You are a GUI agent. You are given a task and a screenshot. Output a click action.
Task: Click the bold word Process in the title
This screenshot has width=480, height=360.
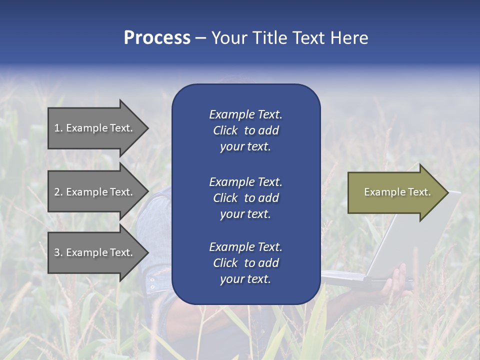tap(157, 38)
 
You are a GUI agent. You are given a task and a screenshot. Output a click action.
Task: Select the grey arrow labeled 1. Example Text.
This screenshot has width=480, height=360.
tap(95, 128)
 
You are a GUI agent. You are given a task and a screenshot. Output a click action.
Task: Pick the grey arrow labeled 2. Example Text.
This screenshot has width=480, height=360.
tap(95, 192)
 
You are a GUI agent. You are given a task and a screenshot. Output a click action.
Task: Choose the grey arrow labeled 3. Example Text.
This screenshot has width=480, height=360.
tap(95, 252)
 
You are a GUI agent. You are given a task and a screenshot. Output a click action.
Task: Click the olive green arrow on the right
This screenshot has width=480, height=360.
tap(395, 192)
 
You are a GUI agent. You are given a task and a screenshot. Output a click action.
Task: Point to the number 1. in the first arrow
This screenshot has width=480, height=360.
tap(58, 128)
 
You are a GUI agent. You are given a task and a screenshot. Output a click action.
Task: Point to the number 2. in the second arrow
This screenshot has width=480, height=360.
tap(58, 192)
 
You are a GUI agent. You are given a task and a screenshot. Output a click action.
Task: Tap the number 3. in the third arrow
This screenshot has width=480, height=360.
tap(58, 252)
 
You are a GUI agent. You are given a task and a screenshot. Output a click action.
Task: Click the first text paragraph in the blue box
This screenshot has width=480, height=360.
tap(245, 130)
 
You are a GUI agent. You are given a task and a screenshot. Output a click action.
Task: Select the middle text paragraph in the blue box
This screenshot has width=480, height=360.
tap(245, 198)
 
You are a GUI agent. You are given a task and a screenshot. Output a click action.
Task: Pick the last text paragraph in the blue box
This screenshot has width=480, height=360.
tap(245, 263)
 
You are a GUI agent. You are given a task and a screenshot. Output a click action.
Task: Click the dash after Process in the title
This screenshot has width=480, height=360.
tap(200, 38)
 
